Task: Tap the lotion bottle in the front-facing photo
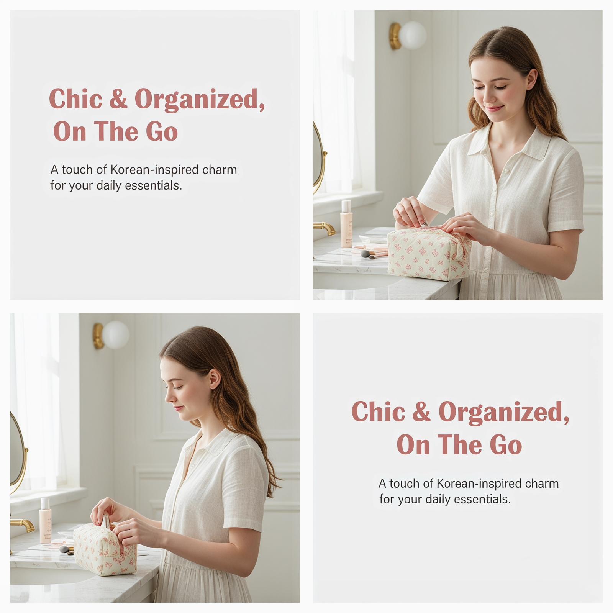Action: tap(346, 224)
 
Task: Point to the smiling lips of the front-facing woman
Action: tap(495, 108)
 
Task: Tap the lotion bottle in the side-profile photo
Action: tap(45, 520)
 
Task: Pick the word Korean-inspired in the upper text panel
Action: tap(154, 170)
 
